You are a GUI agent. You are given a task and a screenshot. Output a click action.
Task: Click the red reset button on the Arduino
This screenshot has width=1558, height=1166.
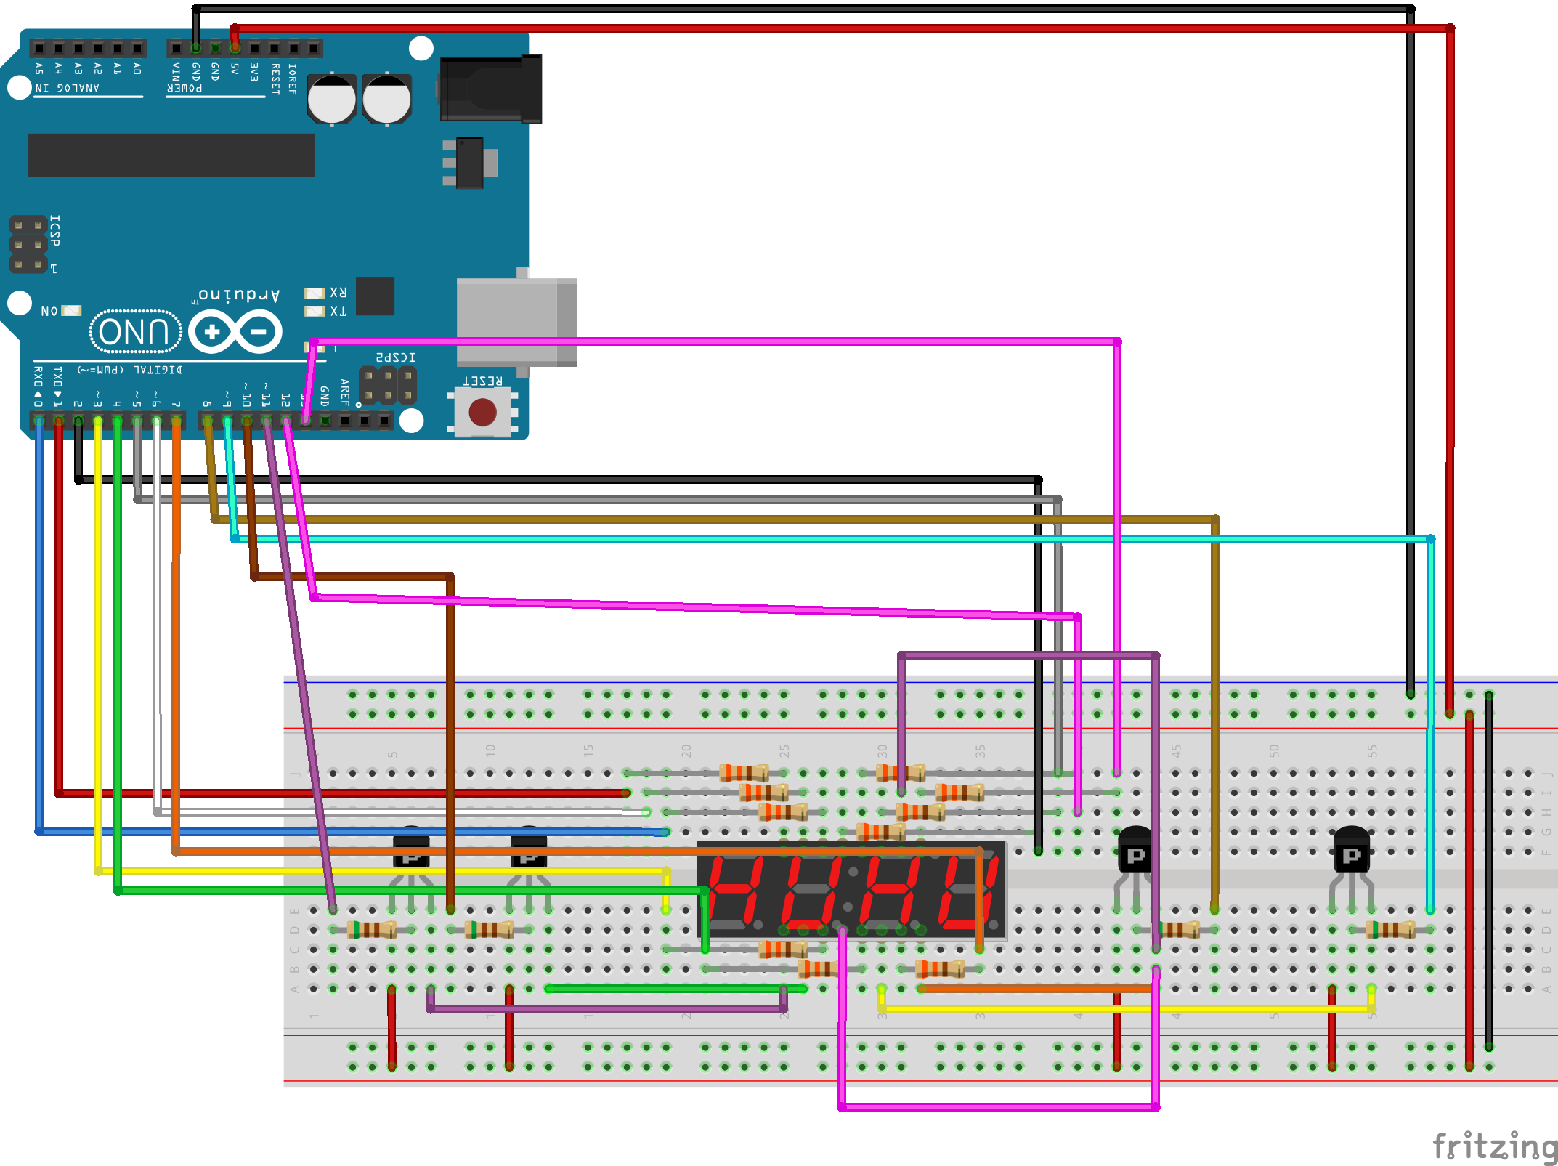click(x=482, y=413)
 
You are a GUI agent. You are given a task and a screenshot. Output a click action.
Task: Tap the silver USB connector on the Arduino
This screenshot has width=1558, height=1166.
click(x=516, y=321)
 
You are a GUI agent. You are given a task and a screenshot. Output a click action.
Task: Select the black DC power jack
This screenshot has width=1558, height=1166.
click(x=491, y=89)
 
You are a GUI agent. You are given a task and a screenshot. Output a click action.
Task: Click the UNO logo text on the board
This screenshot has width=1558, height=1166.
click(x=135, y=332)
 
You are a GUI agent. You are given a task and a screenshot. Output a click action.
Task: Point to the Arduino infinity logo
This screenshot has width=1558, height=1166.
click(x=235, y=332)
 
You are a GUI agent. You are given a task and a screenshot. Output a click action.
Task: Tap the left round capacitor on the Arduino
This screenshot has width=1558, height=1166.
click(x=332, y=99)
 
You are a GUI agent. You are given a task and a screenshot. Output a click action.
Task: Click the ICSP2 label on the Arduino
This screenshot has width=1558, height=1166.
click(x=395, y=357)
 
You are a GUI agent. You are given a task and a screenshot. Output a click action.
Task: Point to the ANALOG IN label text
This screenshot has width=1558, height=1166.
click(x=67, y=88)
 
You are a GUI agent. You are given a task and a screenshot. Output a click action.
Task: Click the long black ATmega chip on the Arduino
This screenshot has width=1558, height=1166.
click(x=171, y=155)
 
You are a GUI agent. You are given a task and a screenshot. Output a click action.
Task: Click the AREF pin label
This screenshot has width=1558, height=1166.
click(x=345, y=392)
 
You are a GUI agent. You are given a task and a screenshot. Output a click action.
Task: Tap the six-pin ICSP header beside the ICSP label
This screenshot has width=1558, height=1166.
click(x=28, y=245)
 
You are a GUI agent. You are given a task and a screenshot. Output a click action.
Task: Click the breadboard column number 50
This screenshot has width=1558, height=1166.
click(x=1274, y=750)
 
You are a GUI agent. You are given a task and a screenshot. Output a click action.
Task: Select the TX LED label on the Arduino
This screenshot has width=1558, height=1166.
click(x=338, y=311)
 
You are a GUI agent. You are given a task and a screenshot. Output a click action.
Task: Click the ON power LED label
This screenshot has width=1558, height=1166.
click(x=49, y=311)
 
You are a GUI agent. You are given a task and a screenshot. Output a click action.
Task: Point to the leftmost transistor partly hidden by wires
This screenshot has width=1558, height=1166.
click(x=411, y=847)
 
